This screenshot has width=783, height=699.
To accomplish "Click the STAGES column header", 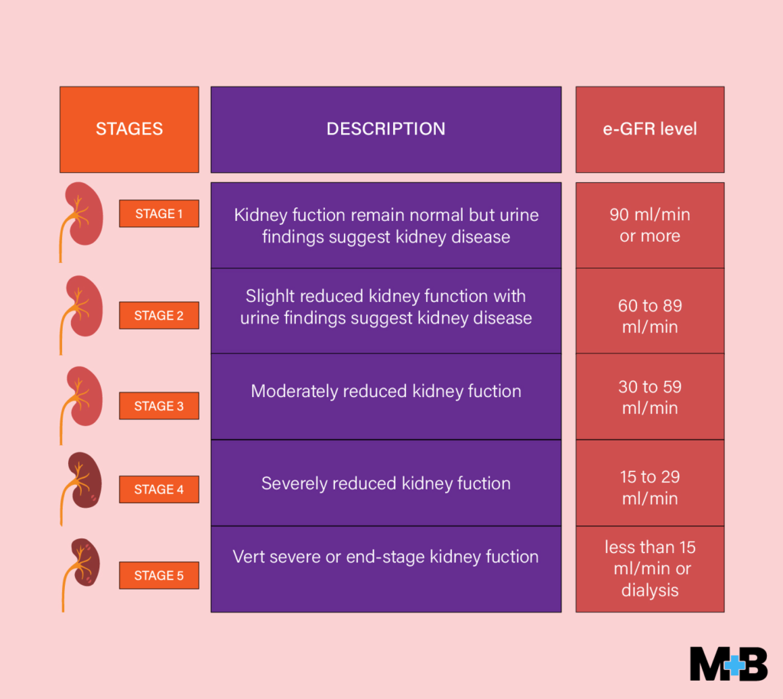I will [x=129, y=129].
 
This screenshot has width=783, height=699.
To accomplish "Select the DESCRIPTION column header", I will [x=385, y=129].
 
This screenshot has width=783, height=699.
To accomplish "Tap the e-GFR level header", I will [x=649, y=129].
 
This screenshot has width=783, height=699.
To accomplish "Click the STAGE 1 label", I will [x=159, y=214].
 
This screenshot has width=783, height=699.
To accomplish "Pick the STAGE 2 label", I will [x=159, y=315].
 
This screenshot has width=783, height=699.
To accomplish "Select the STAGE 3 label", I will [x=159, y=406].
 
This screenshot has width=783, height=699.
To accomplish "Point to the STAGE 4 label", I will [x=159, y=489].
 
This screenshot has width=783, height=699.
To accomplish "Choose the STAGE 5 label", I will [x=159, y=575].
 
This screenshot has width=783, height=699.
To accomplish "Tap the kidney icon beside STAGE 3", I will [x=82, y=398].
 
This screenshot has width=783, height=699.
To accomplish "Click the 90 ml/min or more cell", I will [x=649, y=225].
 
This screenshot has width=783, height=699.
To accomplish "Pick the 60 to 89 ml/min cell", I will [x=649, y=316].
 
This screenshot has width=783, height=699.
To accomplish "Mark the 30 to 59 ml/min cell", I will [x=649, y=397].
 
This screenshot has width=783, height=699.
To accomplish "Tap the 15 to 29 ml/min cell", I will [x=649, y=487].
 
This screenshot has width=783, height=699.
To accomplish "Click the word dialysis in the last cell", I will [x=649, y=590].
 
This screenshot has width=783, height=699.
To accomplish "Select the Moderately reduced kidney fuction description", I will [x=385, y=392].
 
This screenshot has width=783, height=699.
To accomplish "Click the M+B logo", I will [x=728, y=663].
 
